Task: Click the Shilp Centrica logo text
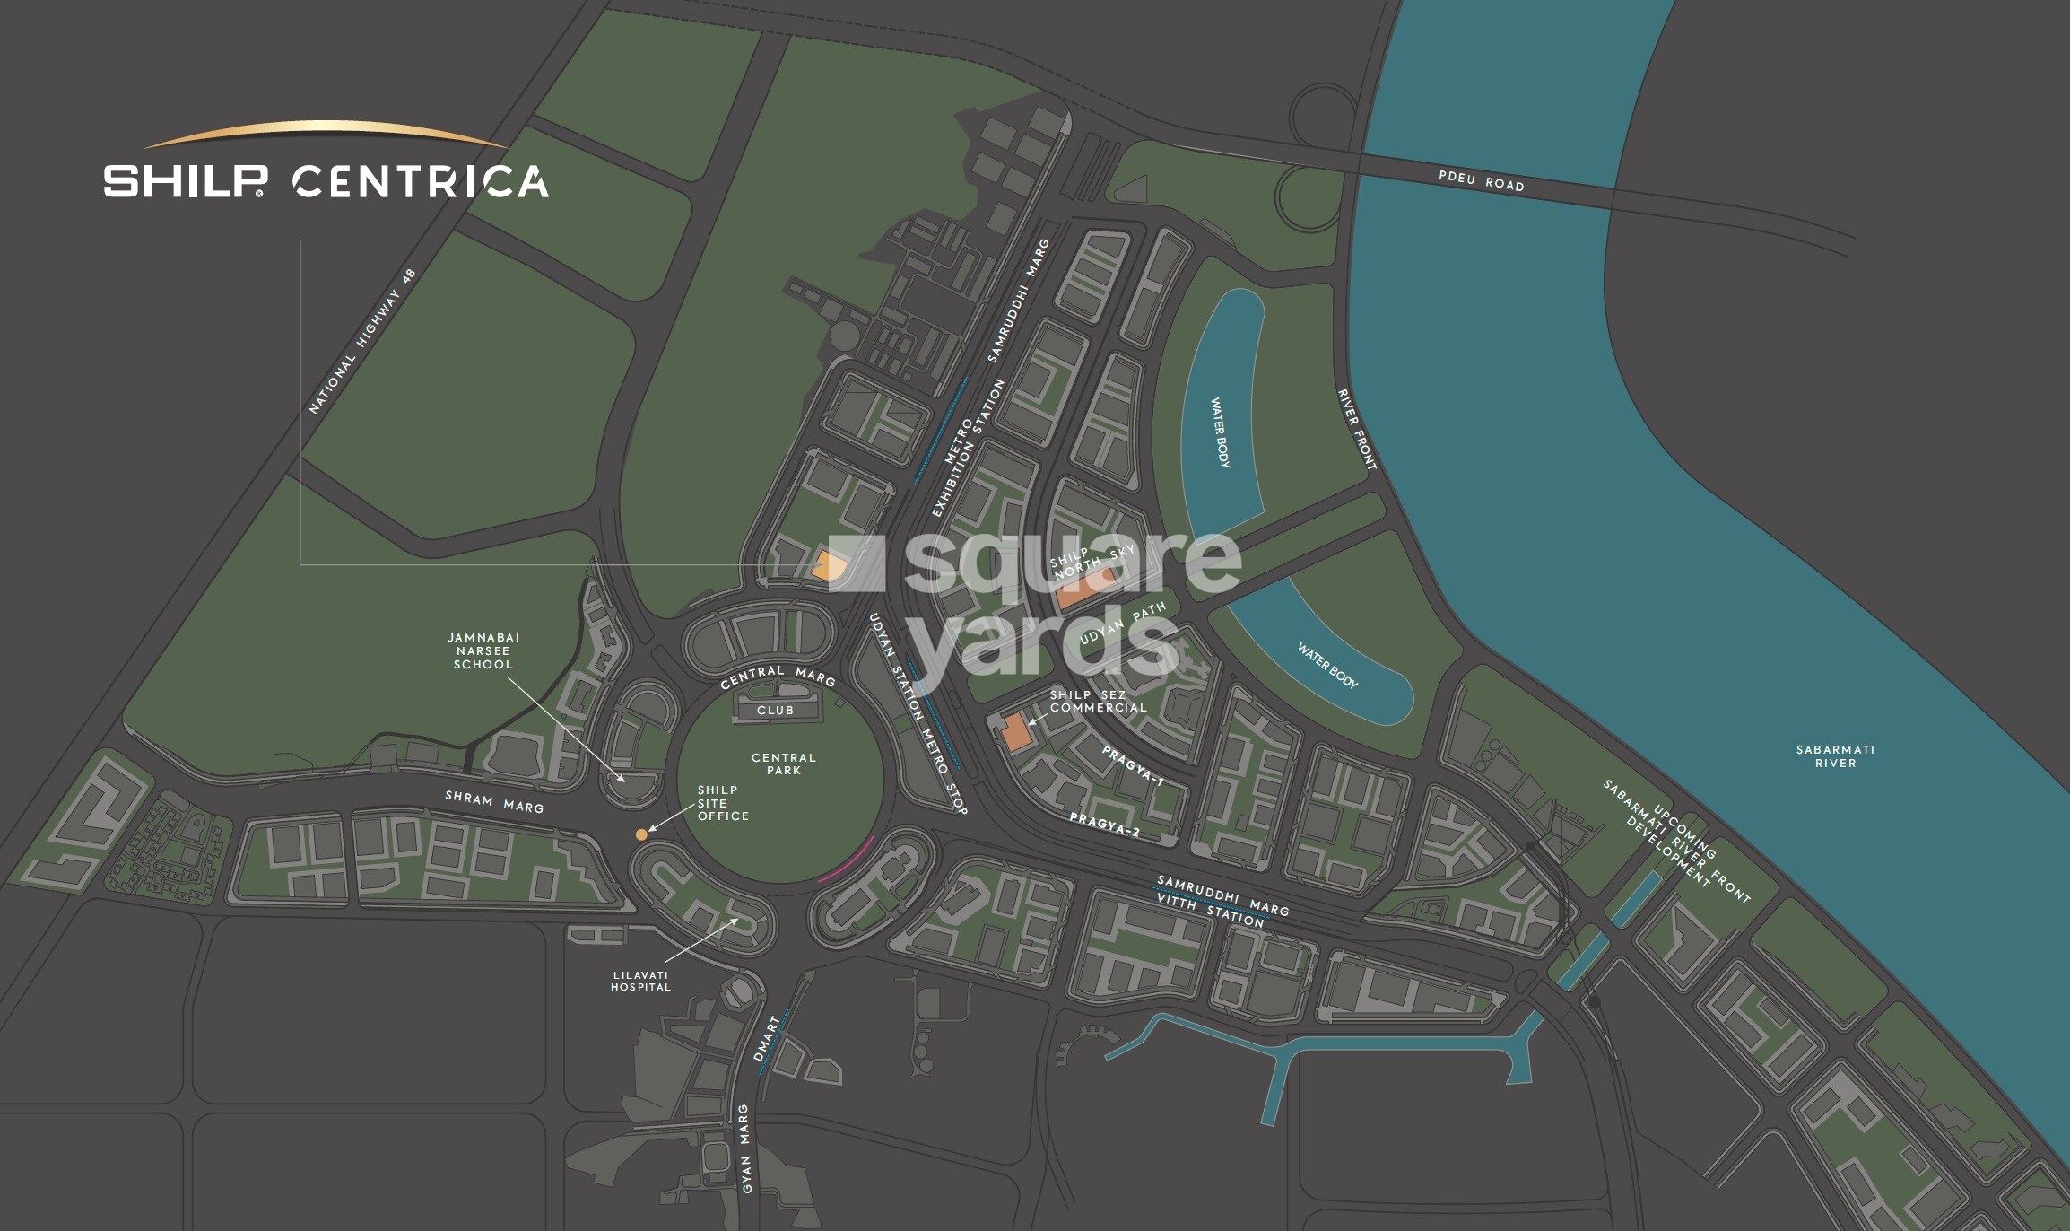click(325, 181)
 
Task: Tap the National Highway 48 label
click(361, 341)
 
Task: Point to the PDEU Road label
click(1481, 180)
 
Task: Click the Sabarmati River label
click(1835, 756)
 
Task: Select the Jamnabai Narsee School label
click(483, 650)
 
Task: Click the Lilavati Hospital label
click(640, 981)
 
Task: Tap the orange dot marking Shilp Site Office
click(641, 834)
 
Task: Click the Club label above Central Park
click(775, 711)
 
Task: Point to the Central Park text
click(783, 764)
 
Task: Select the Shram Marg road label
click(494, 802)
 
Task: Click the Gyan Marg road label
click(744, 1148)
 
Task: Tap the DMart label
click(766, 1038)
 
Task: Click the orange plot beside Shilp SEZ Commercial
click(1015, 733)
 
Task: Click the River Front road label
click(1356, 429)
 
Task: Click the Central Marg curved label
click(778, 676)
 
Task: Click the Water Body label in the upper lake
click(1221, 432)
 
